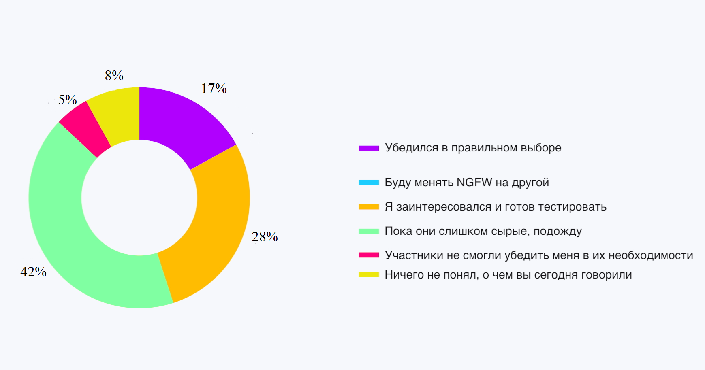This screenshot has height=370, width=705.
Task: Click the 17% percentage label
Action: [214, 88]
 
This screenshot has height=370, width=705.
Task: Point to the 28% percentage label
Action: [265, 237]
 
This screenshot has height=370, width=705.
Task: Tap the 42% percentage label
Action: [33, 272]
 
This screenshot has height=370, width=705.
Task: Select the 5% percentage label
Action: [67, 100]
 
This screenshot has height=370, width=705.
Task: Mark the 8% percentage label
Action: [114, 75]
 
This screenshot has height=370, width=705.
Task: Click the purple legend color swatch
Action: [369, 148]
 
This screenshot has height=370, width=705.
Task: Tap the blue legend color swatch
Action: [369, 183]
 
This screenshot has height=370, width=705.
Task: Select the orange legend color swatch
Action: [369, 207]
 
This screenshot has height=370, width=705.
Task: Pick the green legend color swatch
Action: [369, 231]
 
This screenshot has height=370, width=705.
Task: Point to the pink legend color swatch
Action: [369, 255]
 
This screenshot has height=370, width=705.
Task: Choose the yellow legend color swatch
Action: [369, 274]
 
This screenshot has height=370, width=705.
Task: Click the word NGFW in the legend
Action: [474, 183]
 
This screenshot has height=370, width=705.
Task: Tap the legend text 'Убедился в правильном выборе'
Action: [473, 148]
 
